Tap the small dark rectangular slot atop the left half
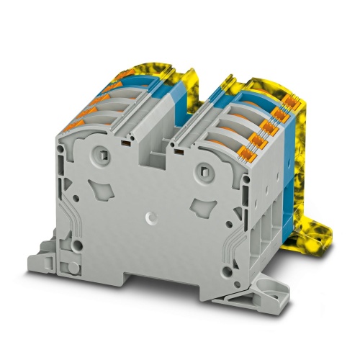[125, 143]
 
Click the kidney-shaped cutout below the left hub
[100, 189]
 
